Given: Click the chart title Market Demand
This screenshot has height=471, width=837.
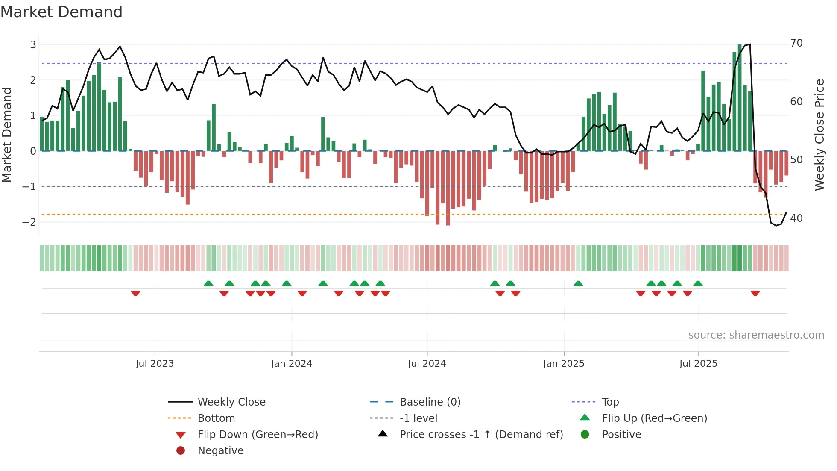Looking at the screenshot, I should (61, 12).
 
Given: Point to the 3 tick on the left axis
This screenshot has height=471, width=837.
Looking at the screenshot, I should (33, 44).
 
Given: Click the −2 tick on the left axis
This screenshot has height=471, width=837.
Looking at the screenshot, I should (29, 222).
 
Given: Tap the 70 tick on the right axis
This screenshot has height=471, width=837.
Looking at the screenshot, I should (796, 43).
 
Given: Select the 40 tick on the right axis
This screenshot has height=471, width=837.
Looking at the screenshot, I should (796, 218).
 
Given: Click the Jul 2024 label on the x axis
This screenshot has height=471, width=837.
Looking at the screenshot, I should (427, 364).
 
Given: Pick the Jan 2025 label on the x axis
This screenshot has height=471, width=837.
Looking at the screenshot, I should (564, 364).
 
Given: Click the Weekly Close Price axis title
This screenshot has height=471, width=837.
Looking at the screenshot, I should (819, 135).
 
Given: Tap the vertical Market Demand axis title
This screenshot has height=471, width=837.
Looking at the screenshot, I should (7, 135).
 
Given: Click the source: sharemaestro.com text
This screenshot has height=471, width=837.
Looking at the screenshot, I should (756, 335).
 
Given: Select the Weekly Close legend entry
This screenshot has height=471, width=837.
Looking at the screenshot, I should (231, 402).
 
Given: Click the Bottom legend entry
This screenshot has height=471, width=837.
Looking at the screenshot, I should (216, 418).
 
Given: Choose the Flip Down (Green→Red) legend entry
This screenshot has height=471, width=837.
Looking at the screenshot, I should (258, 435).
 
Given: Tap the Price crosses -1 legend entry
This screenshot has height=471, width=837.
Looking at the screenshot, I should (481, 435).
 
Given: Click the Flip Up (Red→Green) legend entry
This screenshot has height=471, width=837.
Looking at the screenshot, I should (654, 418).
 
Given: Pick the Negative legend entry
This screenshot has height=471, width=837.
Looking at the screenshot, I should (220, 451).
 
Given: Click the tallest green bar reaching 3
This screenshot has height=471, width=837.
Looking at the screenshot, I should (740, 98).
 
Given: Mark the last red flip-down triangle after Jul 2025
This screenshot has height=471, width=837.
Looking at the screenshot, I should (755, 293).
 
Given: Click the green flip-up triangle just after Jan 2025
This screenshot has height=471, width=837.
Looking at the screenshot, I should (578, 283).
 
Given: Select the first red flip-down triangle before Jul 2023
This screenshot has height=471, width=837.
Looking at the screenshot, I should (135, 293).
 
